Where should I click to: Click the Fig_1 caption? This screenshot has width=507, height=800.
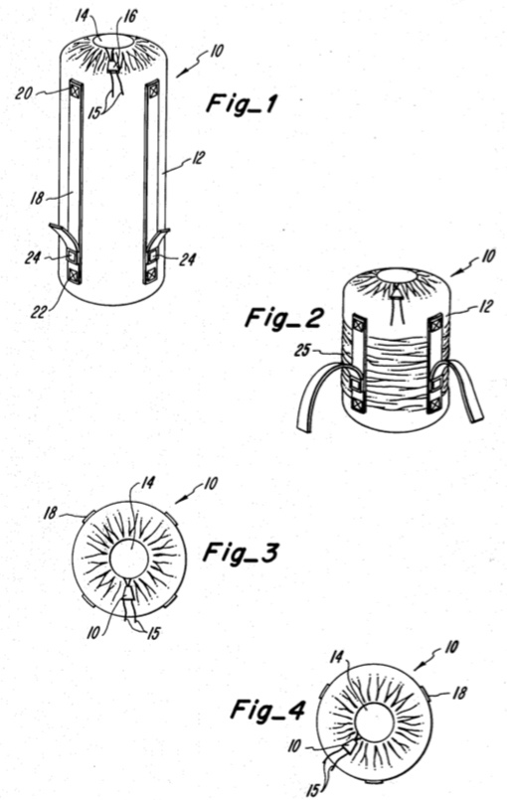click(242, 104)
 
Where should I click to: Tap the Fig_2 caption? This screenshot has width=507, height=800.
click(284, 318)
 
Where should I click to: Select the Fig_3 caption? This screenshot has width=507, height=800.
click(241, 553)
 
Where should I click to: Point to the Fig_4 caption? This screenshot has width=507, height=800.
click(268, 710)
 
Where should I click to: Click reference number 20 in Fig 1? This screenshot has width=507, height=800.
click(24, 93)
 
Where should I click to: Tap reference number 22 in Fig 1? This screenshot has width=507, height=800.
click(39, 311)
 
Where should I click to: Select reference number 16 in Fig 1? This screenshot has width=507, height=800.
click(130, 16)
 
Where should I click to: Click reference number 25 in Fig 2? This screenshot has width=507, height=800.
click(302, 351)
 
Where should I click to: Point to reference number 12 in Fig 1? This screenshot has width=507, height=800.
click(197, 159)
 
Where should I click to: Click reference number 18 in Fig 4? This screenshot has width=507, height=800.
click(459, 693)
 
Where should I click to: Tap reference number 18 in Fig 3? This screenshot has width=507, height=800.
click(50, 512)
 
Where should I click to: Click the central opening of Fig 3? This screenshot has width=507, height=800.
click(129, 559)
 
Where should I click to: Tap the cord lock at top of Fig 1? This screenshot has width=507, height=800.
click(113, 67)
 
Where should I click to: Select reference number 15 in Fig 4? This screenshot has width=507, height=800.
click(312, 791)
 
